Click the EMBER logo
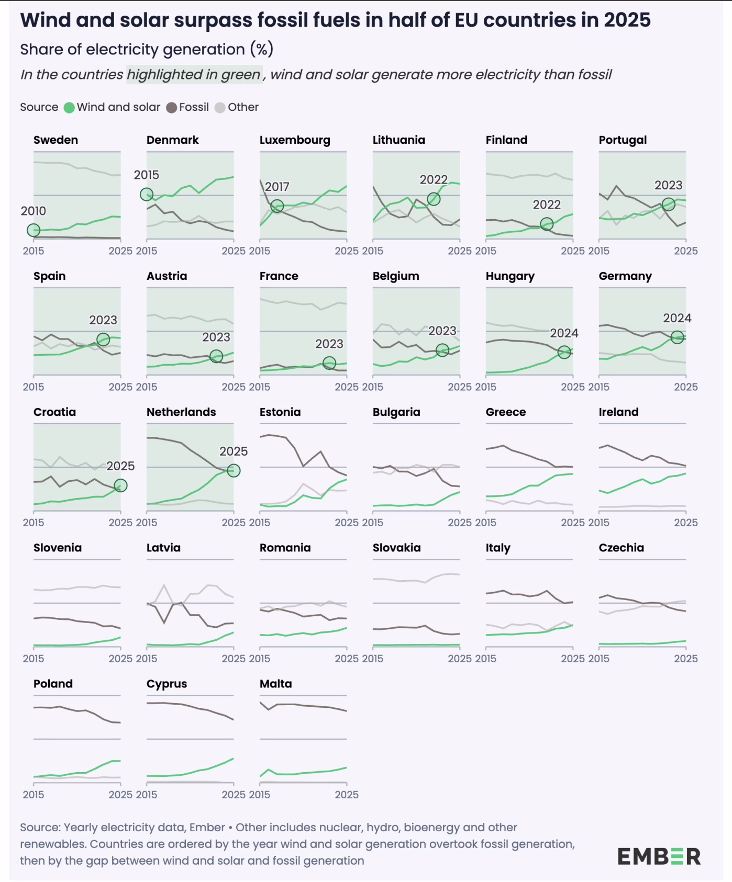659,856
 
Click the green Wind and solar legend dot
69,108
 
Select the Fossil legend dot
171,108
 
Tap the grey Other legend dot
220,108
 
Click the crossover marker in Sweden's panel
34,230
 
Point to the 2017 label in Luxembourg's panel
277,187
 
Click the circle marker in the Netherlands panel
234,471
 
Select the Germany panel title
625,276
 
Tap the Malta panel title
276,684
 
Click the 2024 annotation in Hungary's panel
564,333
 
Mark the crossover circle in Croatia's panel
120,486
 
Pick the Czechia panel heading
622,548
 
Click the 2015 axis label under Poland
34,795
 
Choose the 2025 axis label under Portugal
685,251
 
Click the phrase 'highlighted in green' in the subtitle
194,75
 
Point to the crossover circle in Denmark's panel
147,195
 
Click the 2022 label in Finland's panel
547,205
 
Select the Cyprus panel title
167,684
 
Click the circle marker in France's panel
329,363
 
